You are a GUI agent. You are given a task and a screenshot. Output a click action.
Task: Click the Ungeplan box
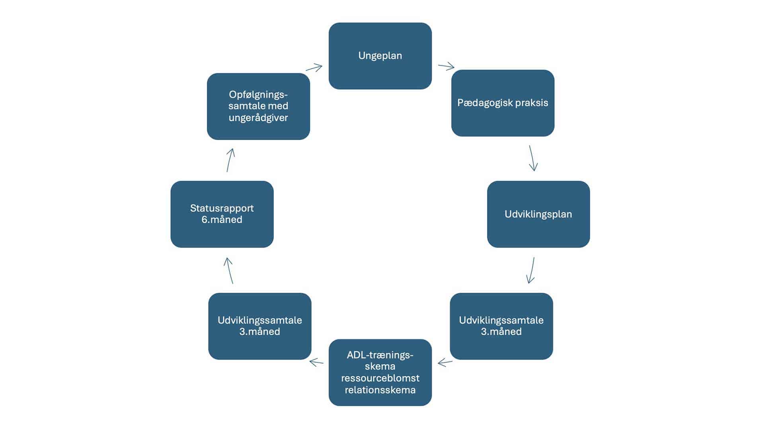click(380, 56)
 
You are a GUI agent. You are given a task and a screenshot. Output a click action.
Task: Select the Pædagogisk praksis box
click(503, 103)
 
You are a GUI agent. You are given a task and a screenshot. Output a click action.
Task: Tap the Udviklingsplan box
click(538, 214)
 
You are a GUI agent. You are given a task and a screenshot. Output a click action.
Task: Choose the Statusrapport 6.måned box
click(222, 214)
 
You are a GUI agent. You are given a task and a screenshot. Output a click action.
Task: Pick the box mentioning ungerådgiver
click(258, 106)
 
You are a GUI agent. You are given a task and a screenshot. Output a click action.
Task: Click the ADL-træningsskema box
click(380, 372)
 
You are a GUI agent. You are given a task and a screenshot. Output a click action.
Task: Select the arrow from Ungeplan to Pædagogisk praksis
click(446, 66)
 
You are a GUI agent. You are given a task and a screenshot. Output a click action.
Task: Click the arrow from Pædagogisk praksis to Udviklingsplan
click(532, 158)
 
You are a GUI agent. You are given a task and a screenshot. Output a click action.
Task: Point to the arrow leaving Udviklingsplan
click(531, 270)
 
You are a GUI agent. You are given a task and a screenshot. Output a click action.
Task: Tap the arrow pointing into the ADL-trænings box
click(445, 362)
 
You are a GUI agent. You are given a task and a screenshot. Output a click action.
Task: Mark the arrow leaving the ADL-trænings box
click(316, 362)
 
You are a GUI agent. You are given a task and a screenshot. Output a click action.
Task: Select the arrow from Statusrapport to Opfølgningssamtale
click(230, 160)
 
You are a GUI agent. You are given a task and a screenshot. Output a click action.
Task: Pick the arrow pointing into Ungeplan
click(314, 68)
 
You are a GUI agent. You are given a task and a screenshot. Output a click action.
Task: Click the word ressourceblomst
click(380, 378)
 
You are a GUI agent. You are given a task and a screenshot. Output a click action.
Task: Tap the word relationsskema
click(380, 390)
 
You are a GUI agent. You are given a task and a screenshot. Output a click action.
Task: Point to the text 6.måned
click(222, 220)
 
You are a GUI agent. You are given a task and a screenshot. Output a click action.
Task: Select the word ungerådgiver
click(258, 118)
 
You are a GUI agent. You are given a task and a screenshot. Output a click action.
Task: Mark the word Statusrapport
click(222, 208)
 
